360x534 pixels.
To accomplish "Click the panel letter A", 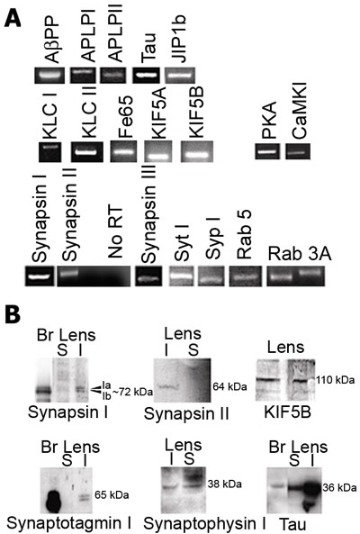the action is [x=13, y=18].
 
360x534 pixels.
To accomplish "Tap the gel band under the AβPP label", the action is [x=49, y=76].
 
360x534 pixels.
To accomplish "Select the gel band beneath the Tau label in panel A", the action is [x=146, y=76].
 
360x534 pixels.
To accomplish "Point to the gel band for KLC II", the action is [x=87, y=152].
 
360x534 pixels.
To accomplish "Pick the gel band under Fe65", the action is [x=123, y=151].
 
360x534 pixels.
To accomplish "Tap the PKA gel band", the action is [x=267, y=151].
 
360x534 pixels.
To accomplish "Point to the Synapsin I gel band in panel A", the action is [x=39, y=276].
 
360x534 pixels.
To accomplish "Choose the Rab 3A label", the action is [x=300, y=253].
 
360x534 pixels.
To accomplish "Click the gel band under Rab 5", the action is [x=246, y=276].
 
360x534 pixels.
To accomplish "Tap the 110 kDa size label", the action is [x=336, y=380].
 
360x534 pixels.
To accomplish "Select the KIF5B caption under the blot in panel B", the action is [x=287, y=413].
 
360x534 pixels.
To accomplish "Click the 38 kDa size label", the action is [x=225, y=484].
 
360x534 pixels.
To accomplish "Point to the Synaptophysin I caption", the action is [x=205, y=523].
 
